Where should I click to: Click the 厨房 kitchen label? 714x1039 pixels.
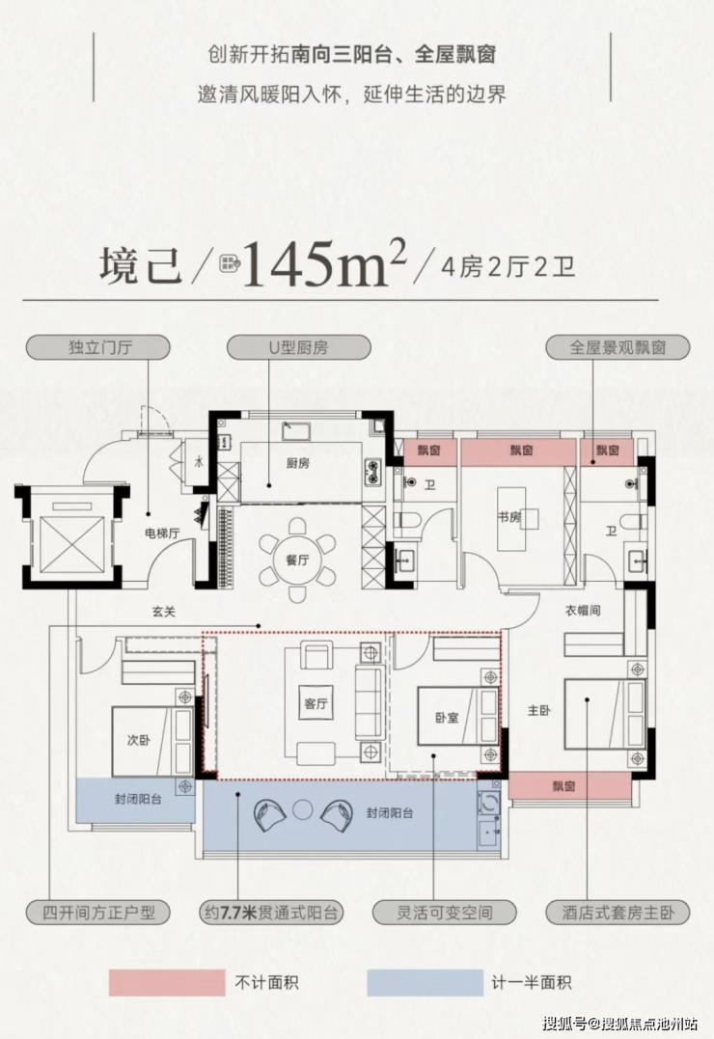pos(298,463)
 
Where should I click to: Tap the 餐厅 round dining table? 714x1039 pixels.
pos(298,560)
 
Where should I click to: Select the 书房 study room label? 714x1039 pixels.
pos(509,517)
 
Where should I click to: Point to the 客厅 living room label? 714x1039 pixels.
pos(316,703)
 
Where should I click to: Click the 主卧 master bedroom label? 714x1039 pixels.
pos(539,710)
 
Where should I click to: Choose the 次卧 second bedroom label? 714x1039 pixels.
pos(139,740)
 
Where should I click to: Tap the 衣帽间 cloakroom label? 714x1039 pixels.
pos(583,611)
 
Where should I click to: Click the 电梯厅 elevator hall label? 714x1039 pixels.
pos(162,533)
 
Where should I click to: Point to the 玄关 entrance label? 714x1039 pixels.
pos(164,612)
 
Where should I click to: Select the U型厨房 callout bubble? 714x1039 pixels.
pos(298,347)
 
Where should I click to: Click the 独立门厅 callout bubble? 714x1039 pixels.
pos(98,347)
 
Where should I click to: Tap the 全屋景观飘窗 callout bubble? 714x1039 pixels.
pos(618,347)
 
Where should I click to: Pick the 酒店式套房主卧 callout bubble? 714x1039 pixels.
pos(618,913)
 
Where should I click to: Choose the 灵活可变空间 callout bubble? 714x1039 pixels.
pos(444,913)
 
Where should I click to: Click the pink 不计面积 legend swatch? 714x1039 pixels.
pos(167,983)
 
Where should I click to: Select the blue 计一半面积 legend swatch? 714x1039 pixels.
pos(425,983)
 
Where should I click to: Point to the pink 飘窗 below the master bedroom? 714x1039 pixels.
pos(569,786)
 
